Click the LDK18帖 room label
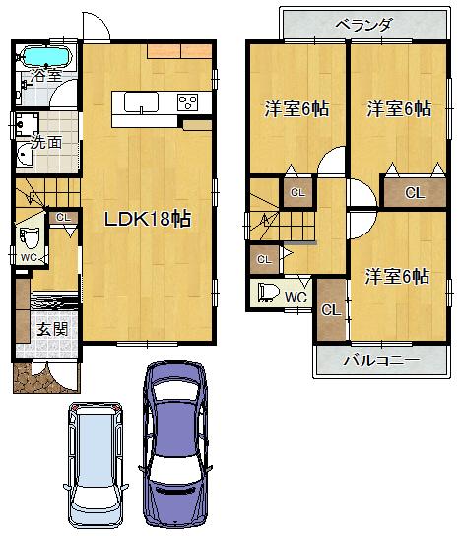(148, 220)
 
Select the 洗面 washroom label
(45, 141)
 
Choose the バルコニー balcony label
(380, 361)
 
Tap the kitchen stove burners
(188, 100)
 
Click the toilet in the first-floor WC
(30, 239)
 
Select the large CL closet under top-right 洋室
(414, 193)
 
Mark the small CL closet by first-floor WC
(63, 219)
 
